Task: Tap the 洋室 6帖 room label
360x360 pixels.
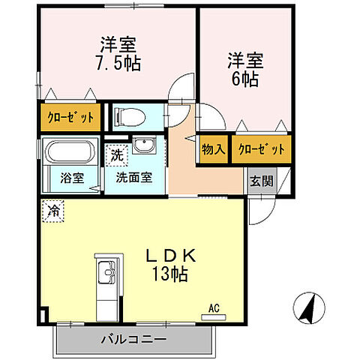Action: tap(244, 68)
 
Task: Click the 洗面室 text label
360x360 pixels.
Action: tap(133, 178)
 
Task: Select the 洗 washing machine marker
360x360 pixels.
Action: tap(116, 157)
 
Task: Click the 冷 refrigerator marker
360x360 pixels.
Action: tap(53, 210)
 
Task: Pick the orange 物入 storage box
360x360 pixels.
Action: tap(214, 149)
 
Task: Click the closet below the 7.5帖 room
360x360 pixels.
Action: tap(67, 117)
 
